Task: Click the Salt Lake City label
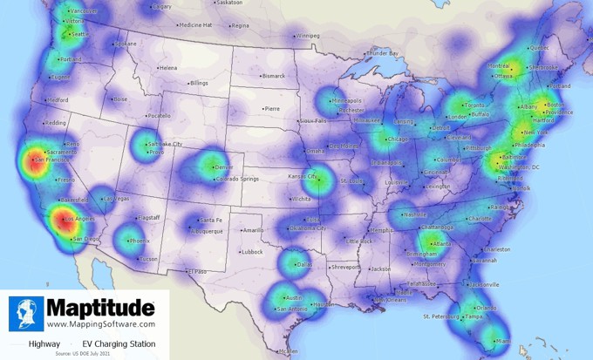[165, 142]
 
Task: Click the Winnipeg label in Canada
[307, 37]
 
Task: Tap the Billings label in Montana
[199, 83]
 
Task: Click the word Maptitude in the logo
[101, 308]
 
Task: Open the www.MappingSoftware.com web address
[101, 324]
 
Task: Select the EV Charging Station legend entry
[113, 344]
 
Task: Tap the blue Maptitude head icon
[26, 314]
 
